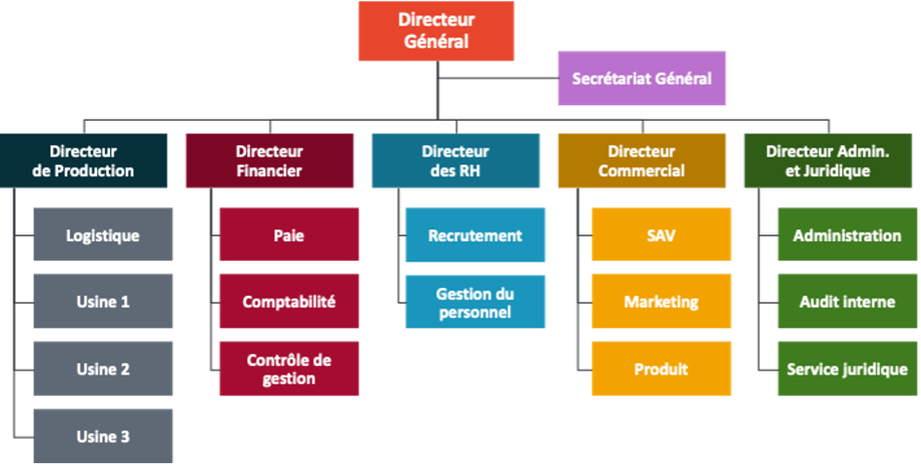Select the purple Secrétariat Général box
click(x=641, y=78)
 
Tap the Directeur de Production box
click(x=84, y=161)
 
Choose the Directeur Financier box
click(x=269, y=161)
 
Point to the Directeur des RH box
click(x=455, y=161)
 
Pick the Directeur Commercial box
click(x=641, y=161)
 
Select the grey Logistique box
click(x=103, y=234)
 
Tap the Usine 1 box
click(x=103, y=302)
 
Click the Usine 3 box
click(x=103, y=436)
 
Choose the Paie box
click(x=289, y=234)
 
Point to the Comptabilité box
click(x=289, y=302)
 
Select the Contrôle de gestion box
click(x=289, y=369)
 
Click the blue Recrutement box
click(x=475, y=234)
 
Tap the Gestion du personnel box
click(x=475, y=302)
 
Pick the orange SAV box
click(x=661, y=234)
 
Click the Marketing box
click(x=661, y=302)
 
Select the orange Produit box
click(x=661, y=369)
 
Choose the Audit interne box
click(x=846, y=302)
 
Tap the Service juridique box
click(x=846, y=369)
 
